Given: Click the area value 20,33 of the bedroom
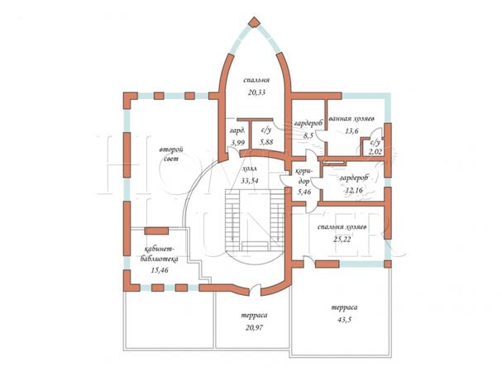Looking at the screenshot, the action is tap(256, 93).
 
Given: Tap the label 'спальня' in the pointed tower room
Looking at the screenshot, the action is tap(256, 80).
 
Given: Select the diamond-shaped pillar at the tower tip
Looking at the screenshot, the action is tap(255, 22).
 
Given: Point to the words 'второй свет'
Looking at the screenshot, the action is tap(171, 155).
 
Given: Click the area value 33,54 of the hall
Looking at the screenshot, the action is tap(250, 181).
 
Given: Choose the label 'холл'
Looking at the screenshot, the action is tap(250, 169).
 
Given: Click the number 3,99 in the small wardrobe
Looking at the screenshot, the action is tap(237, 143).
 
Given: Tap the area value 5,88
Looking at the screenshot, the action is tap(266, 142).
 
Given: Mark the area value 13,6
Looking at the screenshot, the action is tap(351, 131).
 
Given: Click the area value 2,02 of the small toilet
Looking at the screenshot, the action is tap(375, 152).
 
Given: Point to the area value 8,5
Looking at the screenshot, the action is tap(308, 136).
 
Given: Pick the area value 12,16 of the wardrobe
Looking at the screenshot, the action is tap(354, 190).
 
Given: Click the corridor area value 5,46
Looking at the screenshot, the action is tap(304, 193).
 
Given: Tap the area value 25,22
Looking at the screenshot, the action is tap(342, 240).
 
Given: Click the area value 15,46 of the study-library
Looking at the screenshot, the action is tap(160, 270).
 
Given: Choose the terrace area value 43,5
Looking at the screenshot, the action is tap(344, 320).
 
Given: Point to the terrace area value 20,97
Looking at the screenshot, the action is tap(254, 328).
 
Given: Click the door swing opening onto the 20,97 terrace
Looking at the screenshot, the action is tap(255, 289).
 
